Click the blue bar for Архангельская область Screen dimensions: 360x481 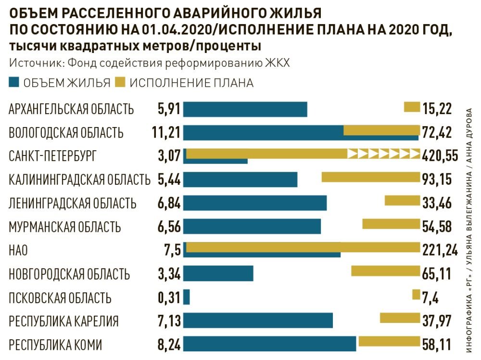(245, 109)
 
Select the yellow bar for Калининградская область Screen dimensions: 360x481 (370, 177)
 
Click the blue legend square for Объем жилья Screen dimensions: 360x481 (14, 83)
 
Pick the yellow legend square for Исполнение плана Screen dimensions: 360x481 (120, 83)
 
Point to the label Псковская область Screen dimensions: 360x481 (60, 298)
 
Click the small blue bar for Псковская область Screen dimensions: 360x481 (187, 297)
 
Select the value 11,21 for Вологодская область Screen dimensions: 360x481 (165, 132)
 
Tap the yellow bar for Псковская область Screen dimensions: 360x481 (416, 295)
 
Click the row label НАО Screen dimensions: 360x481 (18, 250)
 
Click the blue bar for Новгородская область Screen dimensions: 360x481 (218, 273)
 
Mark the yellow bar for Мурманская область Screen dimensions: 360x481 (391, 224)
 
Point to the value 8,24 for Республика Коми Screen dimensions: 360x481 (169, 345)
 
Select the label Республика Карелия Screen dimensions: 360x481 (63, 321)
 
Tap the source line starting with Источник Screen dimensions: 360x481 (149, 64)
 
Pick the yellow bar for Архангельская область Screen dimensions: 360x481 (412, 107)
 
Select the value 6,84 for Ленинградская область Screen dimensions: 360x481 (169, 203)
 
